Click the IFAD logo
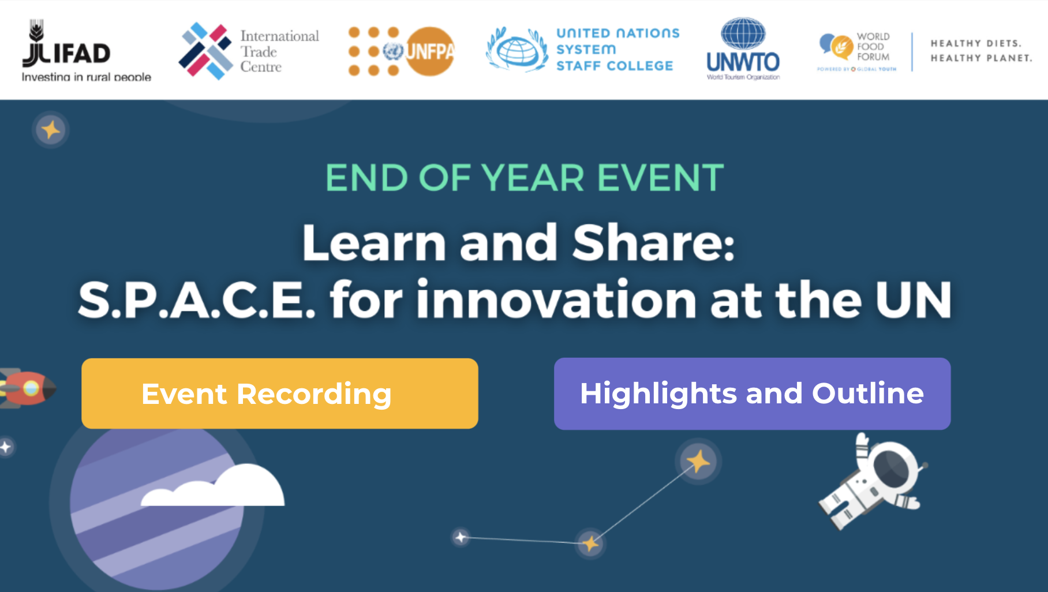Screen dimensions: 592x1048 pos(66,46)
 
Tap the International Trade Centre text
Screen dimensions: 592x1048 pos(279,51)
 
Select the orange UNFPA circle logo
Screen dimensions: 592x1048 pos(430,51)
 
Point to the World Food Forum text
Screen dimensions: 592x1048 pos(873,47)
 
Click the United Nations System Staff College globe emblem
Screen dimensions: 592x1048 pos(517,51)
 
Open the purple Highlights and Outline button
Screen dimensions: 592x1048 pos(752,394)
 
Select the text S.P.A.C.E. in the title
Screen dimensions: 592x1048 pos(197,300)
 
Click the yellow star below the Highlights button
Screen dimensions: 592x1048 pos(698,462)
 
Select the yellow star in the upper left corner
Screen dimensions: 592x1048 pos(51,130)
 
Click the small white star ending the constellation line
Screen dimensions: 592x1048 pos(461,537)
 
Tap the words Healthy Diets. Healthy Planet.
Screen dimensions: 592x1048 pos(980,51)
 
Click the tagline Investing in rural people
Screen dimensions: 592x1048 pos(86,77)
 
